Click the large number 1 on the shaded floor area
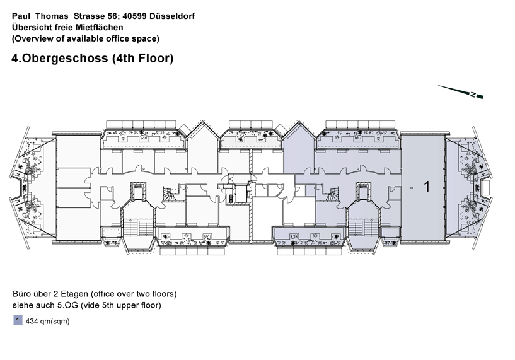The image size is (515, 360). pos(427,187)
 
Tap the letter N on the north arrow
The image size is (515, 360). pos(473,95)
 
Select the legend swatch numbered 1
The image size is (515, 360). pos(18,320)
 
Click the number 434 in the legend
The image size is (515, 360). pos(32,322)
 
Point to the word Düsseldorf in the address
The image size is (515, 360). pos(172,16)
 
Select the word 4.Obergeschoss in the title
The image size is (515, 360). pos(60,58)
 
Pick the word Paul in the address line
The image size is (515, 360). pos(19,16)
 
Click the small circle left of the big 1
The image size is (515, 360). pos(412,188)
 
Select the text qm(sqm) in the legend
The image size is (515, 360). pos(55,322)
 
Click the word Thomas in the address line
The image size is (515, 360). pos(52,16)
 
